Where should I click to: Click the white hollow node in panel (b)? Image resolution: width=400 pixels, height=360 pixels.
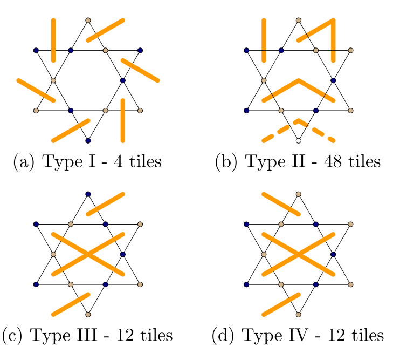[298, 141]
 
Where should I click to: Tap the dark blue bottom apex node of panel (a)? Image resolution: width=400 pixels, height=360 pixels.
[88, 141]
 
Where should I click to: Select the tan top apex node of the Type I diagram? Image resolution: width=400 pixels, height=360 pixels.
[88, 21]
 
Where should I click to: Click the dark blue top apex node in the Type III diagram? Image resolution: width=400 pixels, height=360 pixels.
[88, 194]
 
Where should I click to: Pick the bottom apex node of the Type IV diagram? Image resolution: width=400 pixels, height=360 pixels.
[298, 314]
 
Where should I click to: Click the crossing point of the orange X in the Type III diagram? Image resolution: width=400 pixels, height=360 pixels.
[88, 254]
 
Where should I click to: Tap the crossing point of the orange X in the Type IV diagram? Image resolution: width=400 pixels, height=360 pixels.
[298, 254]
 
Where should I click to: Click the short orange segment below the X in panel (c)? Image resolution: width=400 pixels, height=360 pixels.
[70, 304]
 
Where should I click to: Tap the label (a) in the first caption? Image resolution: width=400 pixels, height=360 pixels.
[23, 161]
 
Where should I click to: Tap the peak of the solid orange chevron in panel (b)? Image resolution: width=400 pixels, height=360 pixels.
[298, 80]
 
